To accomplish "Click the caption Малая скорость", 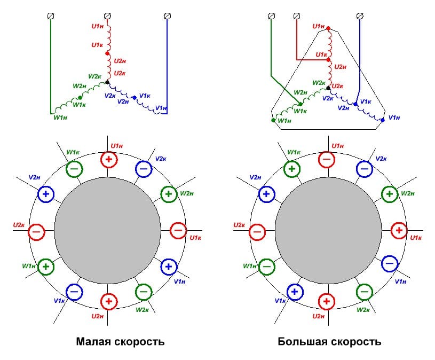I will click(x=120, y=341).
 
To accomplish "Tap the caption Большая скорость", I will click(x=329, y=341).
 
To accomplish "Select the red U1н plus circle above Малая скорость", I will click(x=108, y=159).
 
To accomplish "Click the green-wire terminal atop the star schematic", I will click(x=51, y=15).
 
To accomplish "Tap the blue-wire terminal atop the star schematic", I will click(x=167, y=15).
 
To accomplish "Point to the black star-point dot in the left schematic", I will click(x=108, y=82).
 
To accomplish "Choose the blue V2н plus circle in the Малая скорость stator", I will click(x=45, y=194).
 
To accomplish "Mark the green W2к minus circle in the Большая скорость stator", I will click(x=364, y=292).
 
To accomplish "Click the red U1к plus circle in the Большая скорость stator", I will click(x=399, y=231).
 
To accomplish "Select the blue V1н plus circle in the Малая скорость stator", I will click(x=169, y=265).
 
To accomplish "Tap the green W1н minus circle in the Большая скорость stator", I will click(x=267, y=265).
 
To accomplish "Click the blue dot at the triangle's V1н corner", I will click(x=382, y=120).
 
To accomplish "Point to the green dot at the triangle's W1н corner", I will click(x=273, y=120).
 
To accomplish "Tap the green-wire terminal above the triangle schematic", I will click(x=271, y=15).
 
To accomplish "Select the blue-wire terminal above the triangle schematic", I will click(x=361, y=15).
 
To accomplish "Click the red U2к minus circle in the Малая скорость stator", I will click(x=36, y=231).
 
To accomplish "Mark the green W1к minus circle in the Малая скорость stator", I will click(x=74, y=169).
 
